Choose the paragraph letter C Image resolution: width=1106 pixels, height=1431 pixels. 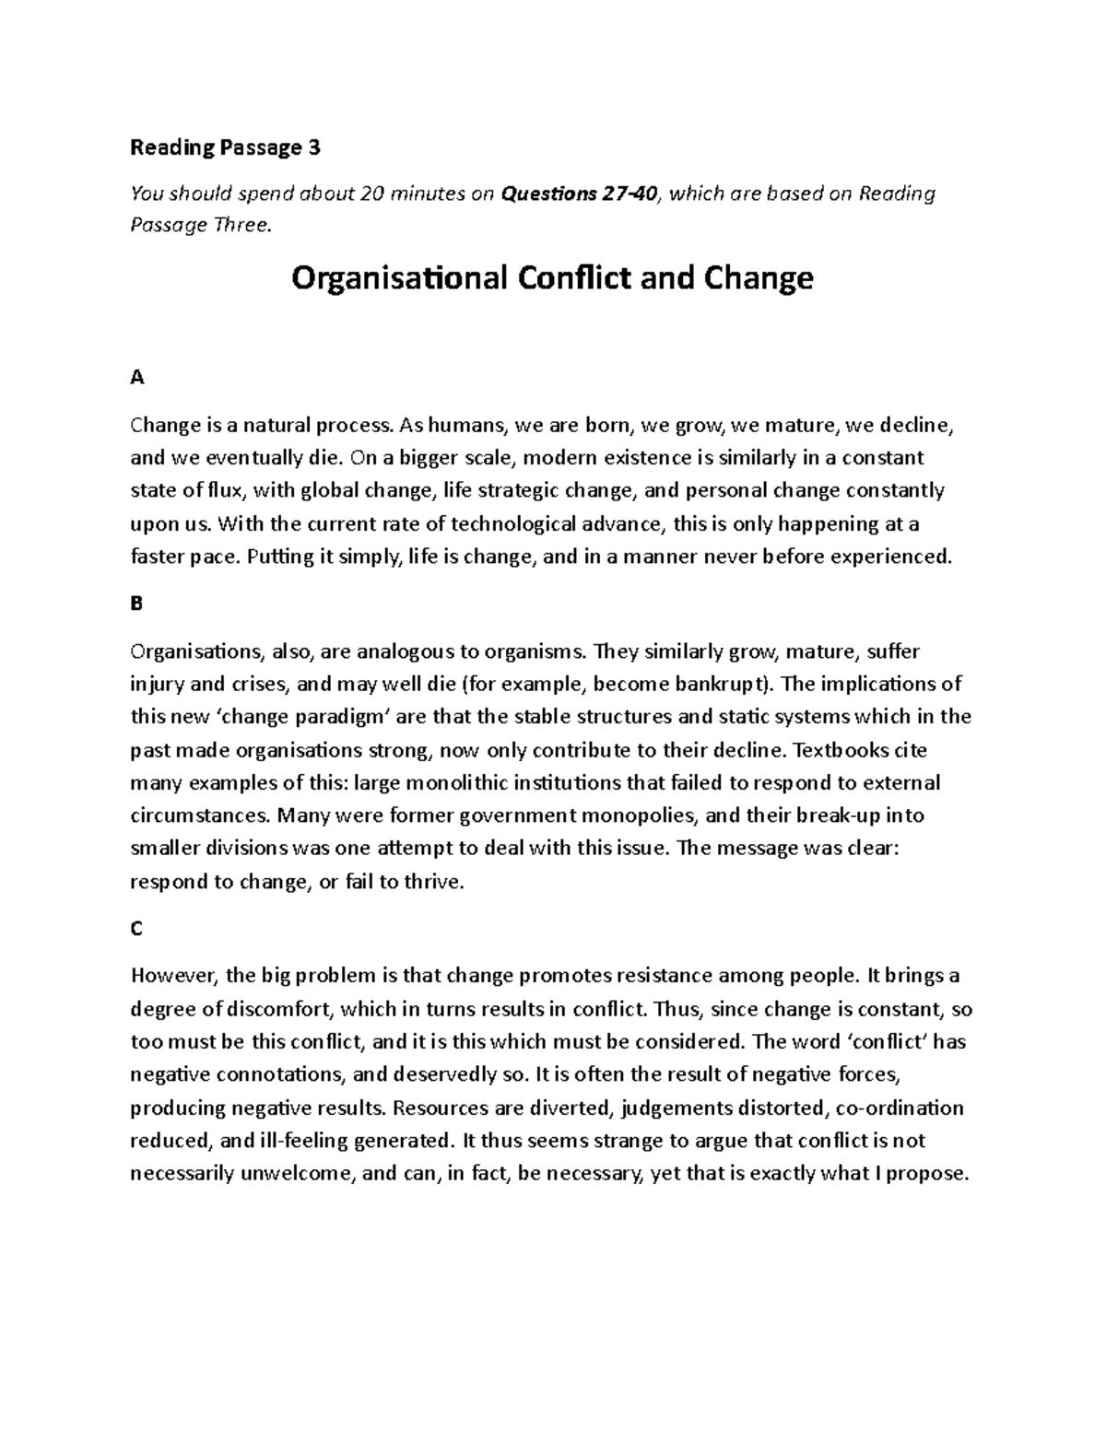pyautogui.click(x=136, y=929)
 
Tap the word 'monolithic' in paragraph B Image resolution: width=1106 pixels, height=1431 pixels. pyautogui.click(x=456, y=783)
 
